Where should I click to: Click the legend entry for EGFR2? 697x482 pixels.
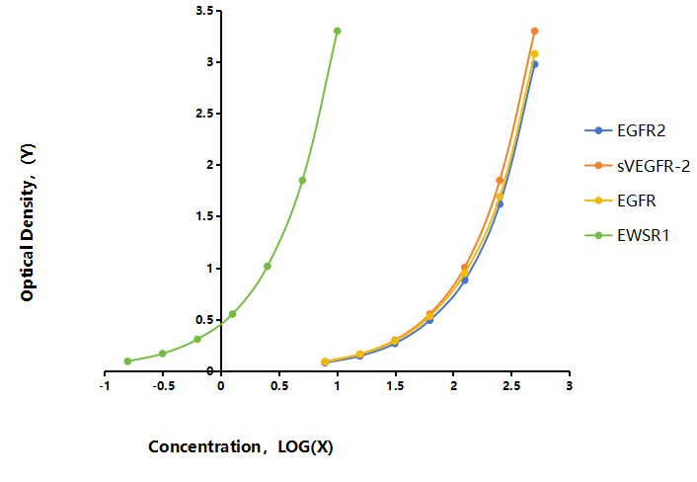(x=625, y=130)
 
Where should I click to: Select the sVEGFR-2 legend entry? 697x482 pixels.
(x=638, y=166)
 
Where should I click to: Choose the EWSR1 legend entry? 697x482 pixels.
(x=627, y=235)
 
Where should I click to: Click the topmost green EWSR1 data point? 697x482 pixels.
(x=338, y=32)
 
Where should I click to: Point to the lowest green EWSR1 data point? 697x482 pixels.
(x=127, y=361)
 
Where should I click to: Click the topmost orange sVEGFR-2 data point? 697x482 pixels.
(x=535, y=32)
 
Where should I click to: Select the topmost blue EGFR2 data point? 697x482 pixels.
(x=535, y=64)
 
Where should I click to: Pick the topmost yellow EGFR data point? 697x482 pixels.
(x=535, y=53)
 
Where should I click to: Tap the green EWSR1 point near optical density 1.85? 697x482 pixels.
(x=302, y=180)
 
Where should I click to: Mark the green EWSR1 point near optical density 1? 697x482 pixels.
(x=268, y=267)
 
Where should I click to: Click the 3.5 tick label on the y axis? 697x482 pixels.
(x=204, y=11)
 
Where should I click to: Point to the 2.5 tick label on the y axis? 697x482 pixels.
(x=204, y=114)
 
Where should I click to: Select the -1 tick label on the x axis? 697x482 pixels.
(x=105, y=386)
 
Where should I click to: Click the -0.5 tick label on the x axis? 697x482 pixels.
(x=163, y=386)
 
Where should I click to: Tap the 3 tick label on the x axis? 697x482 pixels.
(x=570, y=386)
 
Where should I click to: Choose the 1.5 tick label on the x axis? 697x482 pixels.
(x=395, y=386)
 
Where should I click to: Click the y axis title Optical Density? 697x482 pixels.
(x=28, y=222)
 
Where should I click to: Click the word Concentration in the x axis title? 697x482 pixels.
(x=205, y=446)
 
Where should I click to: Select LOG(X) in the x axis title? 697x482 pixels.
(x=305, y=446)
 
